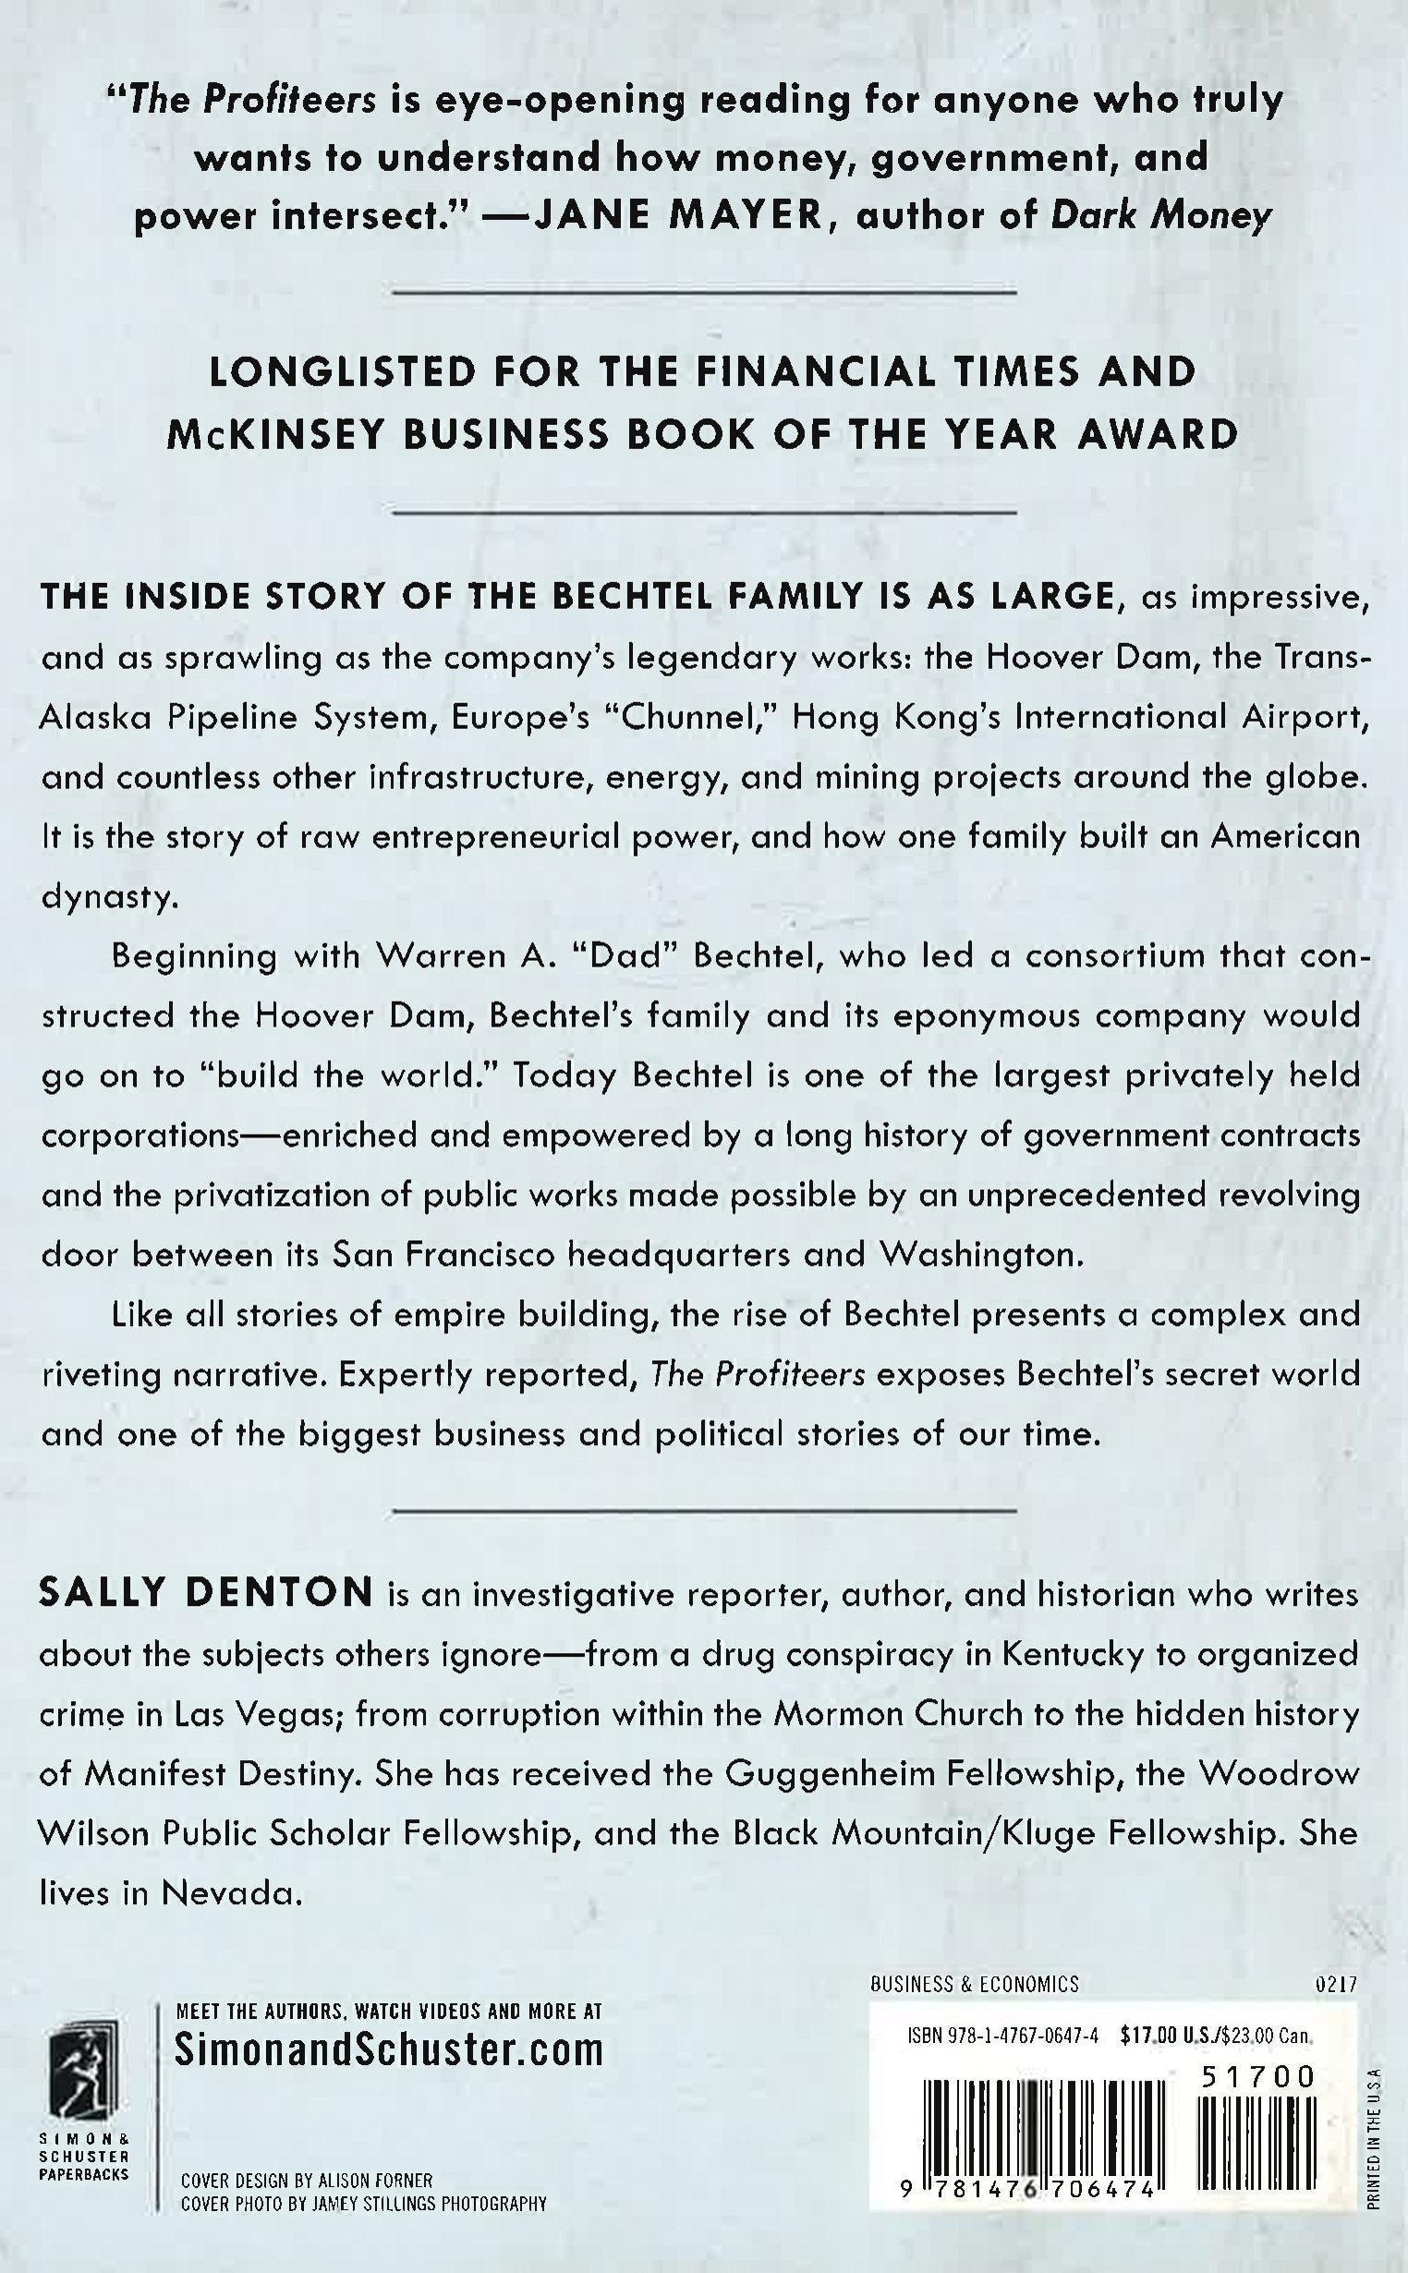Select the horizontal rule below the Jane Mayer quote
704,291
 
